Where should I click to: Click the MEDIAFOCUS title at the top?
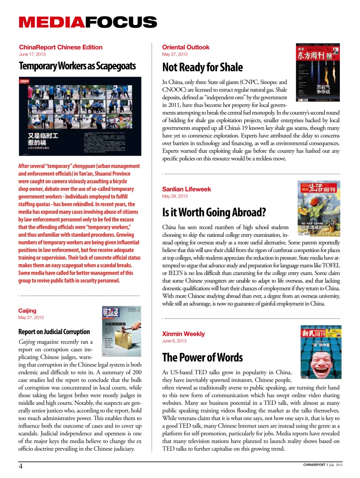[88, 22]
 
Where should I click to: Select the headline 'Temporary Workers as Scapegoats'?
[77, 66]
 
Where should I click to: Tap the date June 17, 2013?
[32, 54]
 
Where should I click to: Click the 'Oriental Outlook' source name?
[186, 47]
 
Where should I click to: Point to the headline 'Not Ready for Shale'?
[202, 67]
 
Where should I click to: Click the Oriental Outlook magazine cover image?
[317, 72]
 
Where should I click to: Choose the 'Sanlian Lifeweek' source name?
[186, 189]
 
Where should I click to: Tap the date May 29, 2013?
[175, 196]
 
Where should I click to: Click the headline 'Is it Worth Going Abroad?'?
[214, 212]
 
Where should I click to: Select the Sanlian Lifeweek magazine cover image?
[319, 208]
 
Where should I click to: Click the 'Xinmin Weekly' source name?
[183, 334]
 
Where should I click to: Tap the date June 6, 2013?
[174, 341]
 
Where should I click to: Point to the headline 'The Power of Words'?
[202, 357]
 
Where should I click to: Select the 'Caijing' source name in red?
[27, 311]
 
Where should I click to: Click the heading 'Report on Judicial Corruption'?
[54, 332]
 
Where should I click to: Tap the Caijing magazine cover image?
[121, 331]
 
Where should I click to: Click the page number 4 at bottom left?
[21, 466]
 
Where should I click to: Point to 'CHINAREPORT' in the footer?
[314, 465]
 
